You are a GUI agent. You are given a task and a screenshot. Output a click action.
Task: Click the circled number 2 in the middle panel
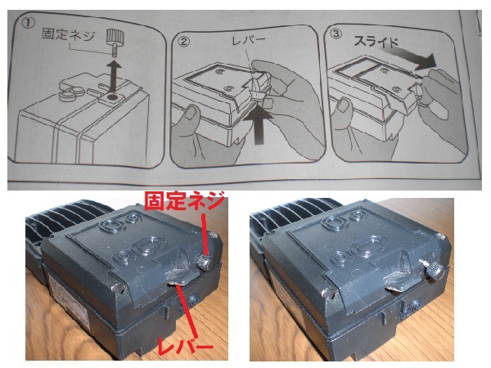[x=182, y=42]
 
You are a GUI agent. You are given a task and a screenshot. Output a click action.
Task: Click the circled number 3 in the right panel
[x=336, y=34]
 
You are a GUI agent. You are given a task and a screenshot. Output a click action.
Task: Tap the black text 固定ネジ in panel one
[x=68, y=35]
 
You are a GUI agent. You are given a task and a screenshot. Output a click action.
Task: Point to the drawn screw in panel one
[x=112, y=42]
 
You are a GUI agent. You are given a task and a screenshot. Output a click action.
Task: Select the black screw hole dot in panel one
[x=110, y=98]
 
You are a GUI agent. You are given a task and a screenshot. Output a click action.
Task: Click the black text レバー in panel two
[x=249, y=40]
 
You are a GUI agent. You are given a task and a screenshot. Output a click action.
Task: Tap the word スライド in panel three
[x=376, y=42]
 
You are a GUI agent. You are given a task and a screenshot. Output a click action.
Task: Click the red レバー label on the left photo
[x=186, y=347]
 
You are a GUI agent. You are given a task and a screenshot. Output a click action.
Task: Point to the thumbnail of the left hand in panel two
[x=191, y=113]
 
